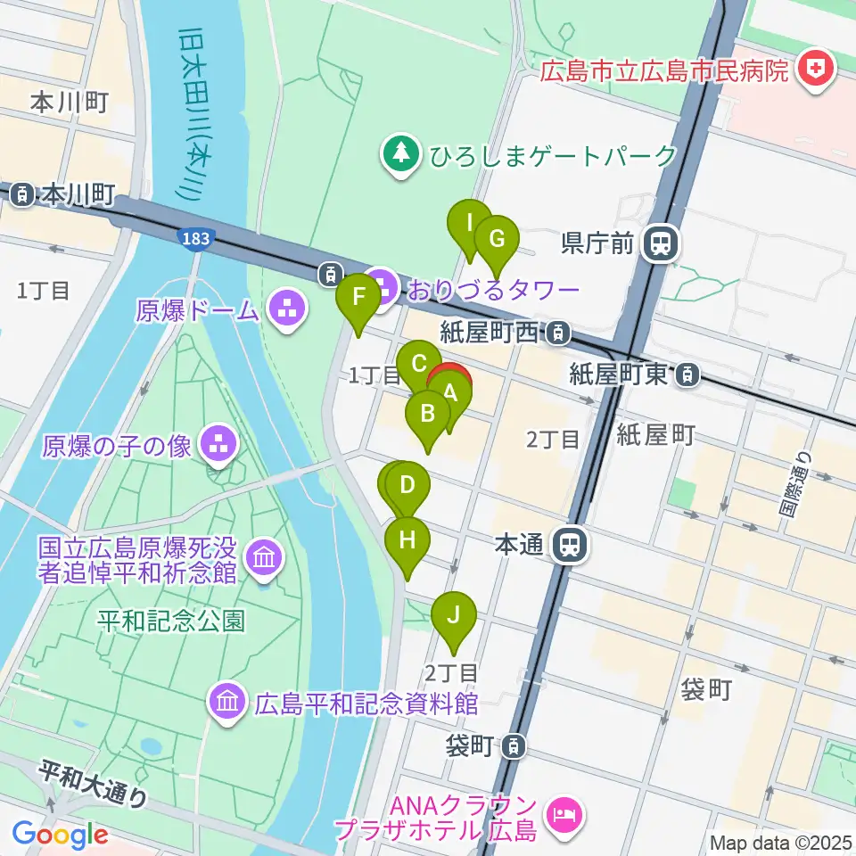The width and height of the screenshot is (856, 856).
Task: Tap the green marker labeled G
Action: click(x=497, y=239)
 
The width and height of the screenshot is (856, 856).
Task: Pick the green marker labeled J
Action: click(x=454, y=615)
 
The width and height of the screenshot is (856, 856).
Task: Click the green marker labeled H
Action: click(x=407, y=540)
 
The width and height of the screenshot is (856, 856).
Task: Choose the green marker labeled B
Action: click(x=427, y=414)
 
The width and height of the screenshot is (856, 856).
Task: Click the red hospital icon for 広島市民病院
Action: click(x=814, y=69)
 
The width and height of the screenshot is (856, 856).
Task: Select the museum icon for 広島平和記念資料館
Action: click(x=227, y=702)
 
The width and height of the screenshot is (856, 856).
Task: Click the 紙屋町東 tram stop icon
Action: click(x=687, y=375)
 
